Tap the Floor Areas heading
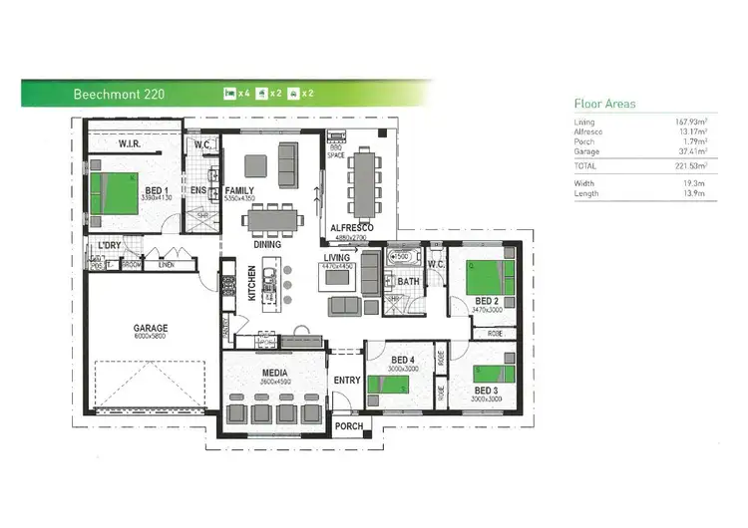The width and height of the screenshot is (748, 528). click(604, 104)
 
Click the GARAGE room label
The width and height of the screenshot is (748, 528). click(151, 328)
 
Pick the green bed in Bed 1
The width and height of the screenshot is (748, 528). click(112, 193)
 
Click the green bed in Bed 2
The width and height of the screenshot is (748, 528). click(487, 276)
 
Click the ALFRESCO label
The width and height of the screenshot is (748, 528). click(352, 228)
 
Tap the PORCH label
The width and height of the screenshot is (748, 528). click(349, 426)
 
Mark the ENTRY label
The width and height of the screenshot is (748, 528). click(347, 380)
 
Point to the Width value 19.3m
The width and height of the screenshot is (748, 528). click(696, 183)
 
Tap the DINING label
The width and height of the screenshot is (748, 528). click(267, 244)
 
